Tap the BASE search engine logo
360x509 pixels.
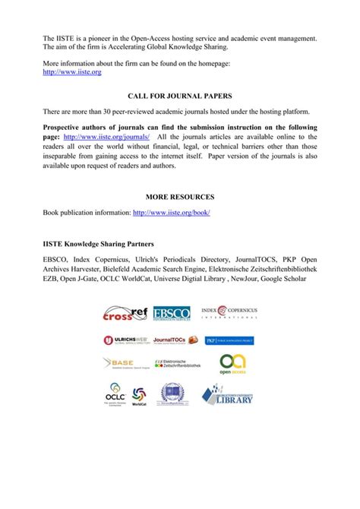pyautogui.click(x=124, y=363)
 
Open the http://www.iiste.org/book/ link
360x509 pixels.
pyautogui.click(x=171, y=213)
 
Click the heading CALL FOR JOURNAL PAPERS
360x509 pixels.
pyautogui.click(x=180, y=97)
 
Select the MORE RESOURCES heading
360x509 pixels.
pyautogui.click(x=180, y=197)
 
